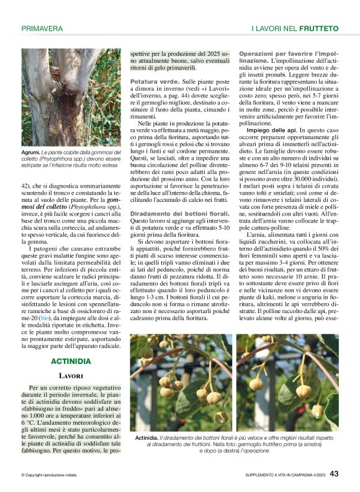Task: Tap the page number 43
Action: click(334, 474)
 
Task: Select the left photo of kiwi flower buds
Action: click(181, 383)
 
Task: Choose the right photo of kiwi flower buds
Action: click(287, 383)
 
